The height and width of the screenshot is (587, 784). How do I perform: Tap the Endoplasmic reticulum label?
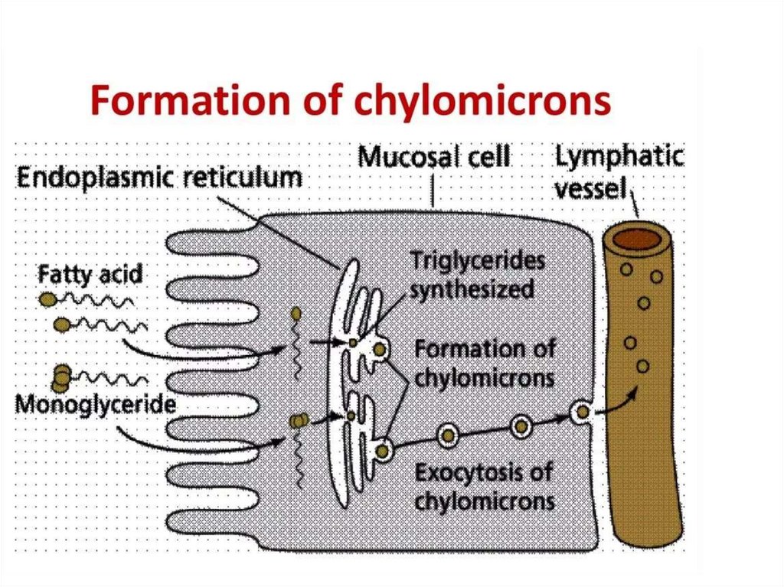point(159,181)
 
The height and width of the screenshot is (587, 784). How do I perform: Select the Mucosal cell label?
point(434,158)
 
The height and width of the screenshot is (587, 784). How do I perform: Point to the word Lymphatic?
point(618,158)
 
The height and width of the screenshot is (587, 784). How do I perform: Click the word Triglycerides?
point(478,262)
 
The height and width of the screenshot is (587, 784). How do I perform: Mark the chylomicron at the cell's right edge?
point(582,413)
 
